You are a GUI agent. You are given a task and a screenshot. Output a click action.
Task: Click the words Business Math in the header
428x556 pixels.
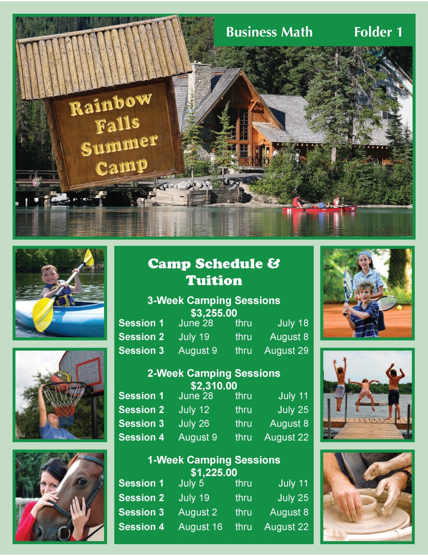click(x=269, y=32)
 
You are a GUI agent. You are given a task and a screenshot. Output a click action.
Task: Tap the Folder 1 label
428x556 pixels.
click(x=378, y=32)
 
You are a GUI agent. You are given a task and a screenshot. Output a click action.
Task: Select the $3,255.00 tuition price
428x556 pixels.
click(x=214, y=313)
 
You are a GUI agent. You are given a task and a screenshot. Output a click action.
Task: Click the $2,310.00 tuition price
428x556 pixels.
click(x=214, y=386)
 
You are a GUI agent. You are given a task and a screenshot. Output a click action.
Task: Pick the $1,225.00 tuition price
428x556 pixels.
click(x=214, y=473)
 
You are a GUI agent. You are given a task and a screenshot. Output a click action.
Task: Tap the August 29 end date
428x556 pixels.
click(x=286, y=351)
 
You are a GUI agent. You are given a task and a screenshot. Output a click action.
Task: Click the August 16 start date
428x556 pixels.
click(x=200, y=527)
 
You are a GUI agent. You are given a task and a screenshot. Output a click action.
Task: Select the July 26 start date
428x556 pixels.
click(x=194, y=423)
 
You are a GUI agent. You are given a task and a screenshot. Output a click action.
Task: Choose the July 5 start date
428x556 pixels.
click(x=191, y=483)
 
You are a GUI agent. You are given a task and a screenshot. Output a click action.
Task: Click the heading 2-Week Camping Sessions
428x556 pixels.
click(x=214, y=373)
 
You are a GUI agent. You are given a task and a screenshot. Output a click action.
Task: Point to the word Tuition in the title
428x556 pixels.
click(x=214, y=281)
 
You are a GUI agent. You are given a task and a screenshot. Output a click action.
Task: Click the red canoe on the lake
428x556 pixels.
click(x=319, y=209)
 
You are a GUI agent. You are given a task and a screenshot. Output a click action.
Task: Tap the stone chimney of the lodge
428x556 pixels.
click(x=199, y=84)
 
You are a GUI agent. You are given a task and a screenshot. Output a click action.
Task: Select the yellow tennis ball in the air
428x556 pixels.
click(x=399, y=308)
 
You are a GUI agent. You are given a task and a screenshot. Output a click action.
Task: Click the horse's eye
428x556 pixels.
click(x=82, y=482)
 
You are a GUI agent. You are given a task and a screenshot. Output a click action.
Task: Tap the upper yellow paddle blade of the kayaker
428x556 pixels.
click(x=89, y=257)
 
